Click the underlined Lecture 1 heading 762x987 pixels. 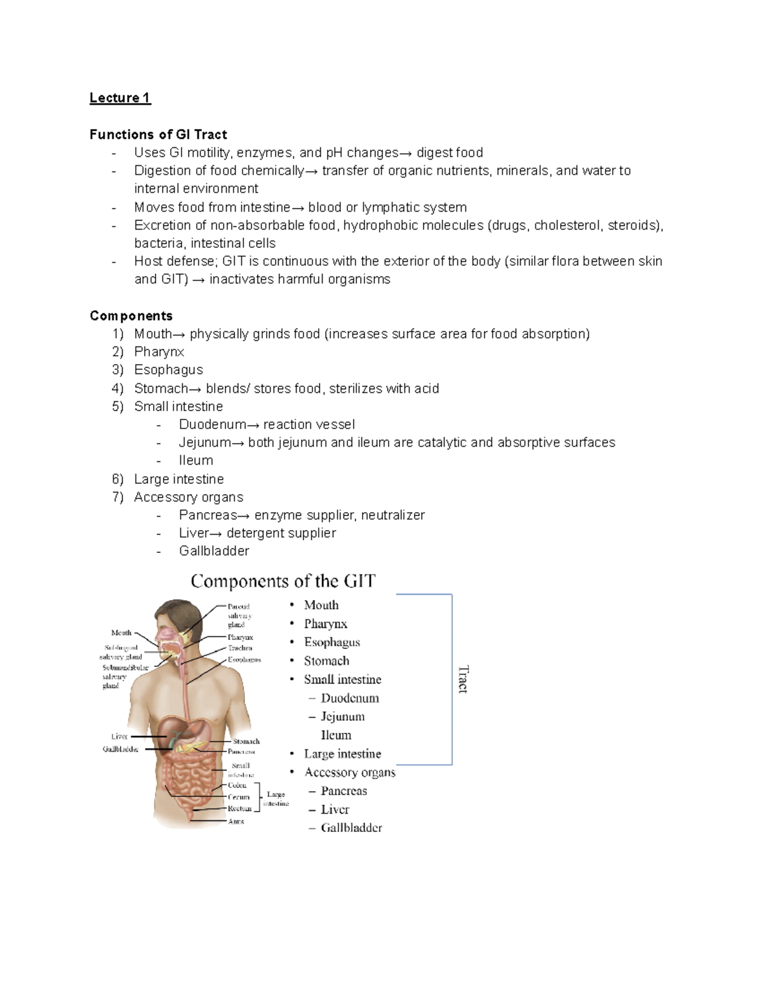tap(120, 98)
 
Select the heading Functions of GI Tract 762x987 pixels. tap(158, 134)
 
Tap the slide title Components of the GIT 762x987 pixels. tap(283, 581)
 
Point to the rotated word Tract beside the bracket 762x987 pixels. tap(463, 679)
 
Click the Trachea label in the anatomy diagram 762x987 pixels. tap(240, 648)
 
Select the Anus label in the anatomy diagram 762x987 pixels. tap(236, 821)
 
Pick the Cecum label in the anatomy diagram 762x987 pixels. tap(239, 796)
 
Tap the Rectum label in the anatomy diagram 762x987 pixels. tap(239, 808)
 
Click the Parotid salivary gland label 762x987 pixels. tap(239, 615)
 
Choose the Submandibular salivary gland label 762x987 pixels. tap(124, 676)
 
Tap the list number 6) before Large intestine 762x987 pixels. tap(117, 479)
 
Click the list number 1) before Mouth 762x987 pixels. tap(117, 334)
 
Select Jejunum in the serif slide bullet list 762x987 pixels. tap(342, 716)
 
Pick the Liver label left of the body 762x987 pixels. tap(119, 737)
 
